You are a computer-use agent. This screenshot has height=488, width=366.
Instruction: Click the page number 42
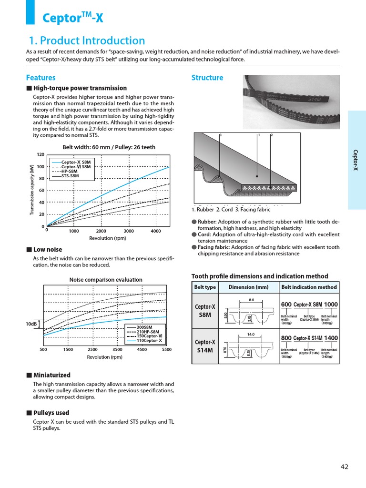click(345, 467)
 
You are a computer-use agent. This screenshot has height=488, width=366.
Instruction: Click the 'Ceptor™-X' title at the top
click(72, 18)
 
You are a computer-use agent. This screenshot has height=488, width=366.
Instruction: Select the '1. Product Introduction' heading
click(87, 41)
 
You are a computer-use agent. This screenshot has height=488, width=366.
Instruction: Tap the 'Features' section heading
click(41, 78)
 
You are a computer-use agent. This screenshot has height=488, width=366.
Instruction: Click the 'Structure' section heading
click(207, 78)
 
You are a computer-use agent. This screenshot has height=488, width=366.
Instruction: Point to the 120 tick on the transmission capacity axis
click(41, 155)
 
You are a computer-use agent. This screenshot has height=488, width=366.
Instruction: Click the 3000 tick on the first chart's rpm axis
click(129, 231)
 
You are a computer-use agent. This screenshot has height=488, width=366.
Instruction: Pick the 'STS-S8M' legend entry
click(70, 176)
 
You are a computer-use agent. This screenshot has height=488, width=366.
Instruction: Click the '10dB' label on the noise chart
click(31, 324)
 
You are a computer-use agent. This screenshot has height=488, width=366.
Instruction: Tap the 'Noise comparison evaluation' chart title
click(105, 280)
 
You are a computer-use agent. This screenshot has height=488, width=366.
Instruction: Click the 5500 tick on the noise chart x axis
click(166, 349)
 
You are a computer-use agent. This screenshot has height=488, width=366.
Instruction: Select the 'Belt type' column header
click(205, 287)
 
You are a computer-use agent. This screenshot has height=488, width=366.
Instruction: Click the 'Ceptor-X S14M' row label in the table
click(205, 346)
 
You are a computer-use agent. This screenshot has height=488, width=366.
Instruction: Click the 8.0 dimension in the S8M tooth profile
click(252, 300)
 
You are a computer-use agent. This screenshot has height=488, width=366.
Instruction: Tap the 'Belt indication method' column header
click(309, 287)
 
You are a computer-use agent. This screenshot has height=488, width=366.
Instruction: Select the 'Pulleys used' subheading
click(51, 413)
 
